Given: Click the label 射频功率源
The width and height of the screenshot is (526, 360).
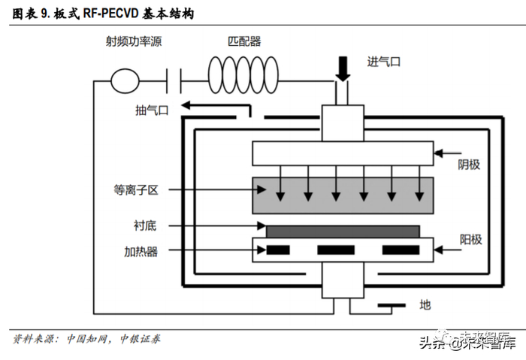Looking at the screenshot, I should [x=134, y=42].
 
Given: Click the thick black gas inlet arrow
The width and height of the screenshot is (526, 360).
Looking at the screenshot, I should [x=343, y=68].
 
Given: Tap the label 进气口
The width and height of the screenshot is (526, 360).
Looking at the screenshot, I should [x=384, y=62].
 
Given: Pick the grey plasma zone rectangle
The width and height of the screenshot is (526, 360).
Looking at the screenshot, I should [x=343, y=194].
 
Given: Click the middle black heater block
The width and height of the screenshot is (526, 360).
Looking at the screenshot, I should [x=336, y=250].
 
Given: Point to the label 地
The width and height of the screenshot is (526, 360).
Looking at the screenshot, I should [x=425, y=304].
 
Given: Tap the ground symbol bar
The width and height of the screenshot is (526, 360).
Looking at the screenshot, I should [x=391, y=306].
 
